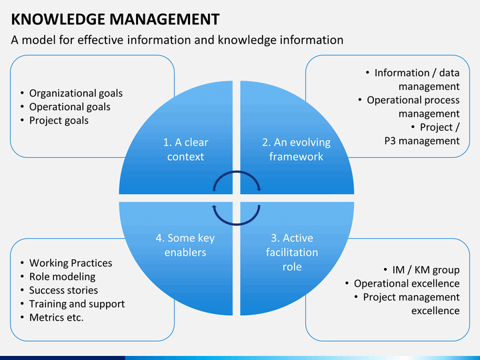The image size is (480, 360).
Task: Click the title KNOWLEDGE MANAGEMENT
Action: coord(115,19)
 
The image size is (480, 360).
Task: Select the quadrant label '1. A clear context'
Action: coord(185,149)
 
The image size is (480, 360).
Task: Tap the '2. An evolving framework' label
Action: coord(296,149)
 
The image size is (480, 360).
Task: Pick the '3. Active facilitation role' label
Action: coord(292,252)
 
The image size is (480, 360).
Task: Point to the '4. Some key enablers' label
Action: coord(185,245)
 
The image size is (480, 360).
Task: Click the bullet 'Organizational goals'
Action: coord(76,93)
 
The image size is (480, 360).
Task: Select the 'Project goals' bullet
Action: coord(59,120)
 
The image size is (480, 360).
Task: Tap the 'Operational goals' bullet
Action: coord(70,107)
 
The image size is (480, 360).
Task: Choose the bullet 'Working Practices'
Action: coord(71,263)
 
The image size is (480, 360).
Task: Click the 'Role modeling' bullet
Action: coord(63,277)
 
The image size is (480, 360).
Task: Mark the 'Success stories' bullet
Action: coord(64,290)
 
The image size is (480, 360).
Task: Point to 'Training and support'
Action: coord(77,304)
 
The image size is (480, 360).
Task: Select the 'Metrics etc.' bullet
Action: coord(56,317)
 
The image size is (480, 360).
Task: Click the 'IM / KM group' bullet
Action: coord(426,270)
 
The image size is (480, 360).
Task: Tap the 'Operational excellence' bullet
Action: coord(407,283)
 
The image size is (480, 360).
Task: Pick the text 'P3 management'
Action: coord(422,141)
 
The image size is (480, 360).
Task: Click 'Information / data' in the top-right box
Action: coord(417,73)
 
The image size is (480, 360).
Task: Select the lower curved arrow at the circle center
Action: coord(237,225)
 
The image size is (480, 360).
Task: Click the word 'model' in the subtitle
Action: coord(39,40)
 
